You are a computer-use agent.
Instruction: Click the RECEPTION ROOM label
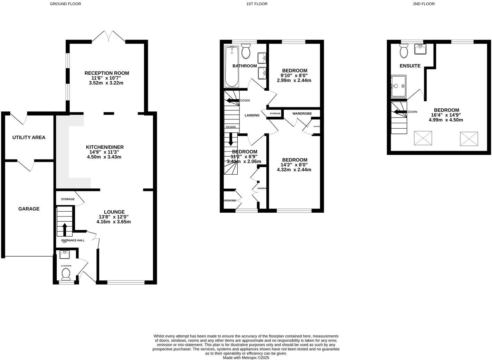tap(107, 73)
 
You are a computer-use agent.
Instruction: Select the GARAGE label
tap(29, 209)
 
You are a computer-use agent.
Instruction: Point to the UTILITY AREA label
tap(29, 137)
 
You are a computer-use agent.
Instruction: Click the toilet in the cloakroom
tap(66, 275)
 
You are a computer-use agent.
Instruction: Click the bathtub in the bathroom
tap(232, 67)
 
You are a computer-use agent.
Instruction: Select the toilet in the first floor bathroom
tap(246, 52)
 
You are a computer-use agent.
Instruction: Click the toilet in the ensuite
tap(403, 52)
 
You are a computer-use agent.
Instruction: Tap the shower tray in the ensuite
tap(398, 86)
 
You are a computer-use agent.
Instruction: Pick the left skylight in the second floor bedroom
tap(423, 138)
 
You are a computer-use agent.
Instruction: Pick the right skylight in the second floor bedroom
tap(469, 139)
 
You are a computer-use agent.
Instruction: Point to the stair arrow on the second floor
tap(400, 112)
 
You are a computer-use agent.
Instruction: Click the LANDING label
tap(252, 116)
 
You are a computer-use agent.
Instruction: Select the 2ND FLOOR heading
tap(423, 4)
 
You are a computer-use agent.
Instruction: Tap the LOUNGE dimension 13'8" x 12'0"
tap(114, 217)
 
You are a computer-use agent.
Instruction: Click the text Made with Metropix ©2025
tap(246, 358)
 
